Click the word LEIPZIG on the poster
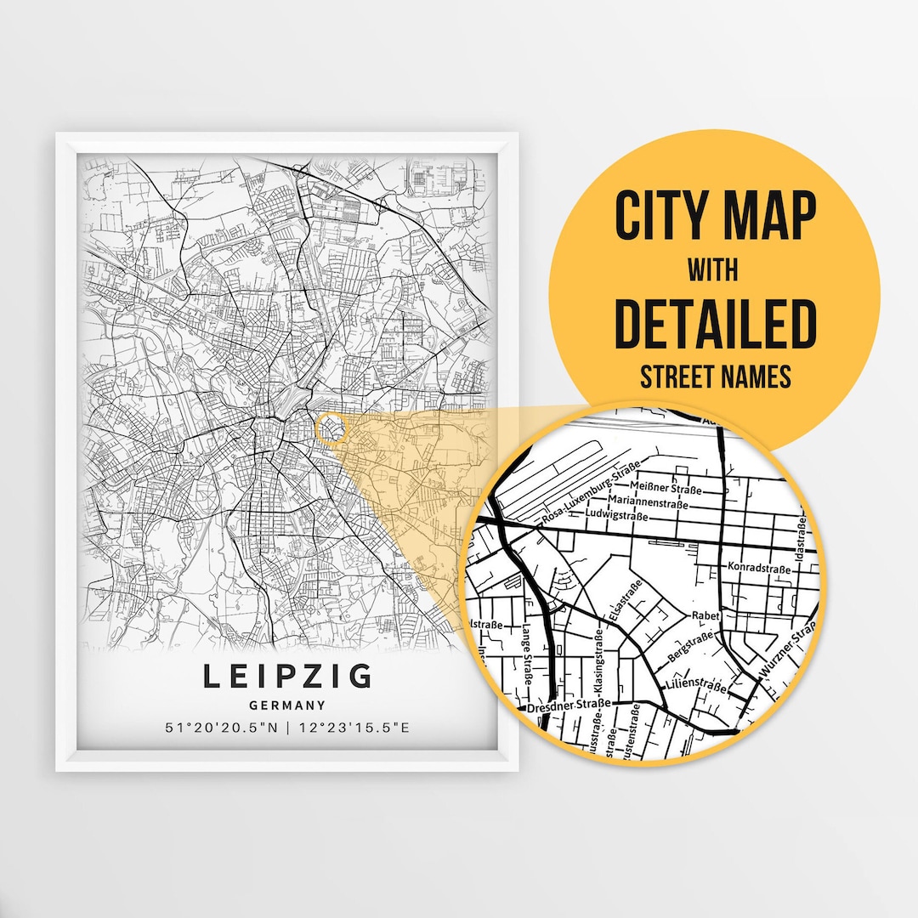tap(287, 677)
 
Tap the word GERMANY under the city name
tap(287, 705)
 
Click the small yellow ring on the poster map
tap(331, 428)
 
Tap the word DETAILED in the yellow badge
tap(715, 323)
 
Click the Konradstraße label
tap(753, 566)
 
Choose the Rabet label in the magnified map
tap(705, 615)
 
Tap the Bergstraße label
tap(690, 648)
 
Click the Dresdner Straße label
tap(569, 705)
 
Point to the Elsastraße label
tap(622, 601)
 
